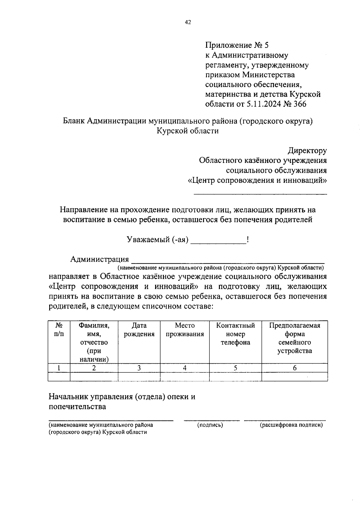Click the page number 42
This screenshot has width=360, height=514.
pyautogui.click(x=188, y=22)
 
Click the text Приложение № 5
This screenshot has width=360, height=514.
pyautogui.click(x=237, y=45)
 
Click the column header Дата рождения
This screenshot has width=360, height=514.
pyautogui.click(x=139, y=330)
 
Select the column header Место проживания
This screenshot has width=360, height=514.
pyautogui.click(x=185, y=330)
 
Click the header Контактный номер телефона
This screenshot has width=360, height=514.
pyautogui.click(x=235, y=334)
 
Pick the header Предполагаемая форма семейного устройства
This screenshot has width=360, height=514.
pyautogui.click(x=295, y=338)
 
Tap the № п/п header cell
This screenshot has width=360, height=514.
pyautogui.click(x=59, y=330)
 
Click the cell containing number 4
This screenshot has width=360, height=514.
pyautogui.click(x=185, y=368)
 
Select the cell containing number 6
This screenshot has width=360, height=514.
pyautogui.click(x=295, y=368)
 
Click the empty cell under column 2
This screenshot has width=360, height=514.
pyautogui.click(x=94, y=377)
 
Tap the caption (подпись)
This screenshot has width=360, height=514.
pyautogui.click(x=210, y=425)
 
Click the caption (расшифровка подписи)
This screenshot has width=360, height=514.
pyautogui.click(x=291, y=425)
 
